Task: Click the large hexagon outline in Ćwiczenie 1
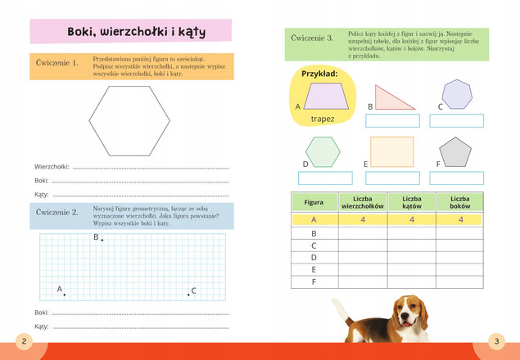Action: [129, 121]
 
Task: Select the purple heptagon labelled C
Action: [457, 94]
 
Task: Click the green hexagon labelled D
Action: [323, 152]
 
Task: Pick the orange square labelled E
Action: [391, 152]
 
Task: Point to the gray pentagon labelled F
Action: [455, 152]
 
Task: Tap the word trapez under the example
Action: [323, 119]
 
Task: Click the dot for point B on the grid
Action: [102, 240]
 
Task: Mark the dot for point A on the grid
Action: [64, 295]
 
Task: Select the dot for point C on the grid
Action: [188, 295]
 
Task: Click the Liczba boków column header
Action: [459, 202]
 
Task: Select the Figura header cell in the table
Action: [314, 202]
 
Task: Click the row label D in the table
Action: [314, 257]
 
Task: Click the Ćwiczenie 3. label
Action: [312, 38]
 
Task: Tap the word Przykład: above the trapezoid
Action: [319, 74]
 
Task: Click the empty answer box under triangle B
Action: [392, 121]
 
